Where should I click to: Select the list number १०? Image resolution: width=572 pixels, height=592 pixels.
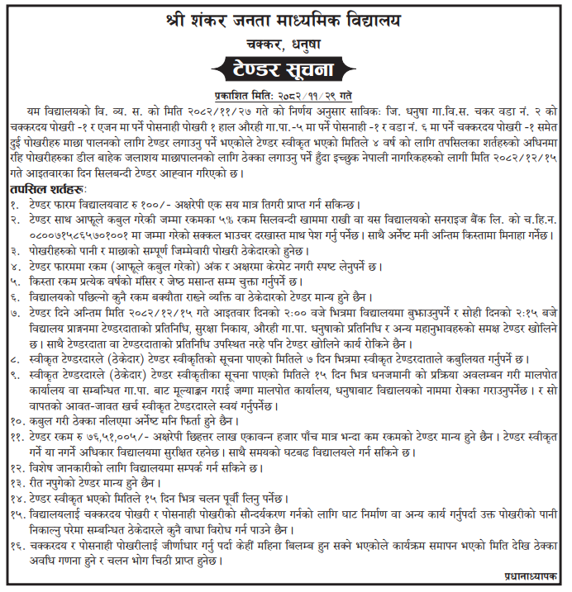[17, 419]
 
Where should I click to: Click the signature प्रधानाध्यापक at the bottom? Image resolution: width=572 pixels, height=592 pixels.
[531, 575]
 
